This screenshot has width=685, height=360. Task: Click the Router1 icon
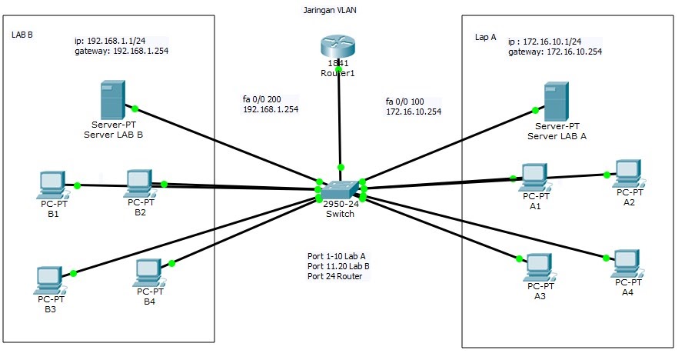(339, 47)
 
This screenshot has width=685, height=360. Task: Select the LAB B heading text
(22, 35)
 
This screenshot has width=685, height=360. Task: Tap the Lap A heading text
(487, 35)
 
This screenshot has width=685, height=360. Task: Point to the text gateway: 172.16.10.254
(555, 52)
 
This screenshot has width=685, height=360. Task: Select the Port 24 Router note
(334, 276)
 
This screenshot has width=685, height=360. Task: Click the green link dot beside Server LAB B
(135, 108)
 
